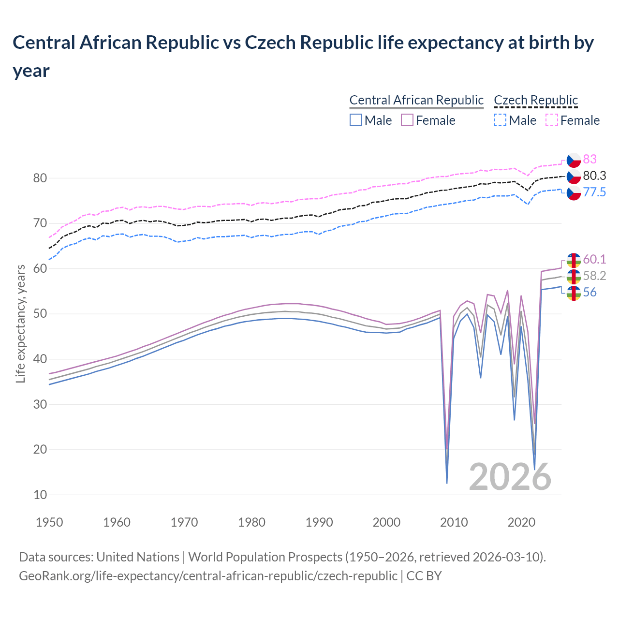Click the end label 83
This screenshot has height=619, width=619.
click(x=590, y=159)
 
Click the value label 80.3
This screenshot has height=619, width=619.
click(x=594, y=176)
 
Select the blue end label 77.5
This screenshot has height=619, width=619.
click(x=594, y=192)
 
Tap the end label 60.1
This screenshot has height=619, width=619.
click(x=594, y=259)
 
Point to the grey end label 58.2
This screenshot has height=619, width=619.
click(x=594, y=276)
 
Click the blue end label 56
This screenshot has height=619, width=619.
click(x=590, y=292)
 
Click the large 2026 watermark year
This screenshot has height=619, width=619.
click(x=510, y=477)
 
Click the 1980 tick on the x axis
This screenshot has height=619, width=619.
click(x=251, y=522)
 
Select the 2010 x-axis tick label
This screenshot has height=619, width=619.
click(x=454, y=522)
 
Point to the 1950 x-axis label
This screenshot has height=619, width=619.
click(x=49, y=522)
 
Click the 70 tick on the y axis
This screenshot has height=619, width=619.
click(x=40, y=223)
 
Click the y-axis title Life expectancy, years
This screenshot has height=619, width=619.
click(x=20, y=324)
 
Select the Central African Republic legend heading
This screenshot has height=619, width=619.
click(x=416, y=100)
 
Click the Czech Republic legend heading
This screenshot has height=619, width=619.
click(x=535, y=100)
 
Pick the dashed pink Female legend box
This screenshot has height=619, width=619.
click(x=552, y=120)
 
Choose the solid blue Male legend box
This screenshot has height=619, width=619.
click(x=356, y=120)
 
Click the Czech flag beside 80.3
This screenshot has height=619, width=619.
click(x=574, y=176)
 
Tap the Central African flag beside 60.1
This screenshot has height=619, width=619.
click(x=574, y=260)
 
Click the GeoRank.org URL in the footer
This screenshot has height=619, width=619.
click(x=208, y=576)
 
